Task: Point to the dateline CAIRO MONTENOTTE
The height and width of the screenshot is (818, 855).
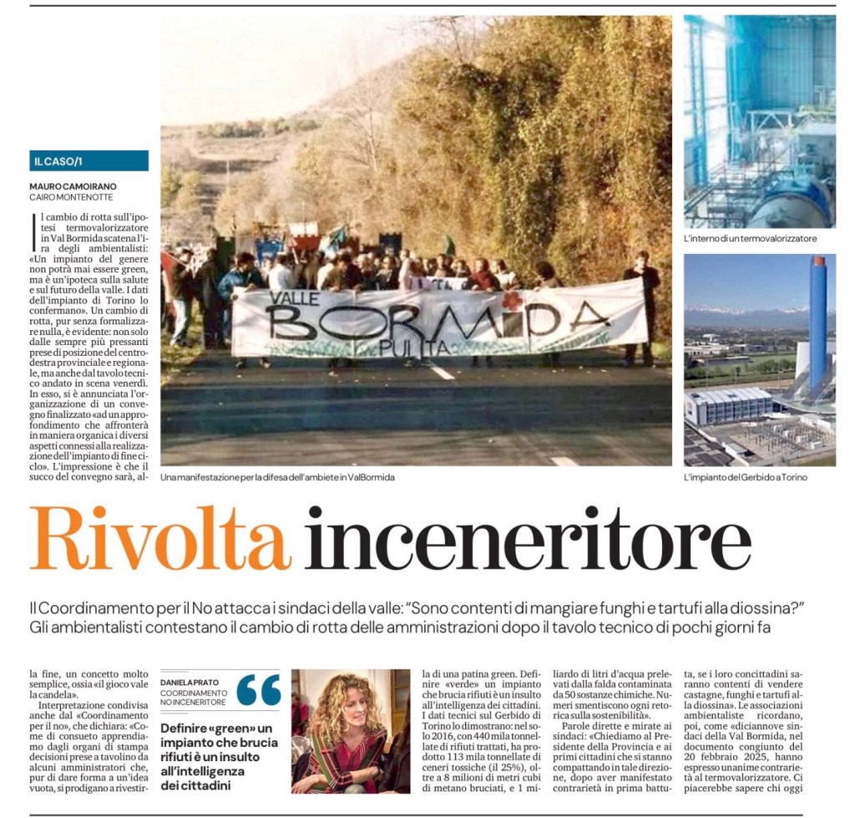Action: click(72, 197)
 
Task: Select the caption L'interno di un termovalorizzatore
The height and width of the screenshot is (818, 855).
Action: click(749, 239)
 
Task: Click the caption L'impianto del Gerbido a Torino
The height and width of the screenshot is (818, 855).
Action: click(746, 477)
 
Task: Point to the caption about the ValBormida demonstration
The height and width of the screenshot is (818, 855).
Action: click(278, 477)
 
